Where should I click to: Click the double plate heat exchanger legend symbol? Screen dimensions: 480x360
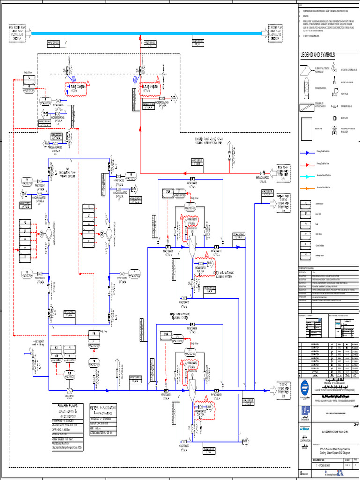click(x=307, y=107)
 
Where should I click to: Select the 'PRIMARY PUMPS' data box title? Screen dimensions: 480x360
click(x=70, y=405)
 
